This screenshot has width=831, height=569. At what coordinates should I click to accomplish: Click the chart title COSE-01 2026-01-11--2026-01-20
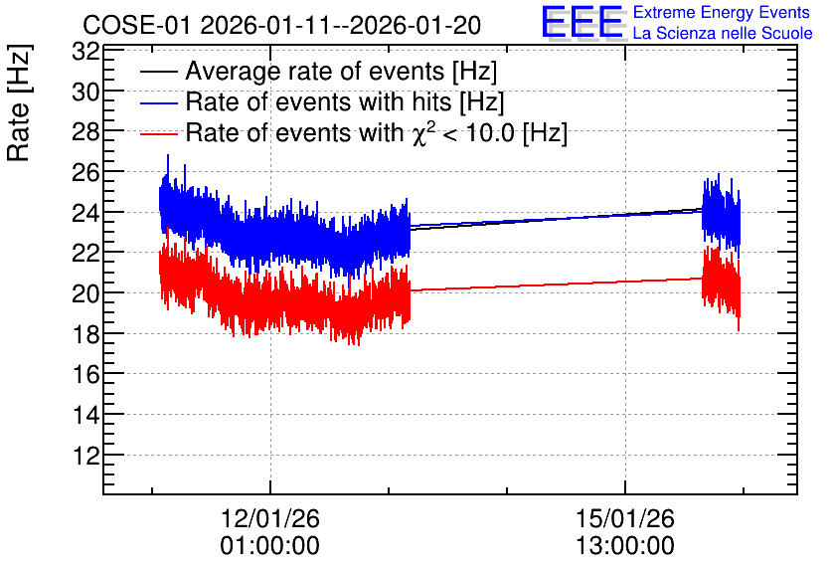(282, 25)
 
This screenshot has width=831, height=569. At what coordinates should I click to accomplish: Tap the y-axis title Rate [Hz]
(19, 102)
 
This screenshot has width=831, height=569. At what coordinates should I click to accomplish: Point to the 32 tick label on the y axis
(85, 52)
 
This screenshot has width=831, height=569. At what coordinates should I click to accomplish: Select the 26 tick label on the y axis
(85, 172)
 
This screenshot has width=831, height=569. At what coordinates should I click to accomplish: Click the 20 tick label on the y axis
(85, 292)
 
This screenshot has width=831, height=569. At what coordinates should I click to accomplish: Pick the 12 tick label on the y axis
(85, 455)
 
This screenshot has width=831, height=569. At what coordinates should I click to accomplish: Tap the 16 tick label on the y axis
(85, 374)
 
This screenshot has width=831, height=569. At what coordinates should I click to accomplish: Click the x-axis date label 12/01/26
(270, 518)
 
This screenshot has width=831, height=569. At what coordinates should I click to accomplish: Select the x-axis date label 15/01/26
(625, 518)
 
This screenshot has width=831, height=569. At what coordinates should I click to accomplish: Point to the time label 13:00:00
(625, 545)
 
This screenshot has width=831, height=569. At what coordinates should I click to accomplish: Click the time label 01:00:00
(270, 545)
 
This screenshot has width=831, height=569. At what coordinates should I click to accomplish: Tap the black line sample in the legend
(159, 72)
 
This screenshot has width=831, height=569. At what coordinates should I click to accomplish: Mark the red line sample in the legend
(159, 133)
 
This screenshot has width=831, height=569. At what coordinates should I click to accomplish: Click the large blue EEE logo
(582, 22)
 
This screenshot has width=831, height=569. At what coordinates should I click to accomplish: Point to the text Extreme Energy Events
(722, 12)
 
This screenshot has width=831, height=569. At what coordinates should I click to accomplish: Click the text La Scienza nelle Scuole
(723, 34)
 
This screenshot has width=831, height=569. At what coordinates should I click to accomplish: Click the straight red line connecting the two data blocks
(557, 284)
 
